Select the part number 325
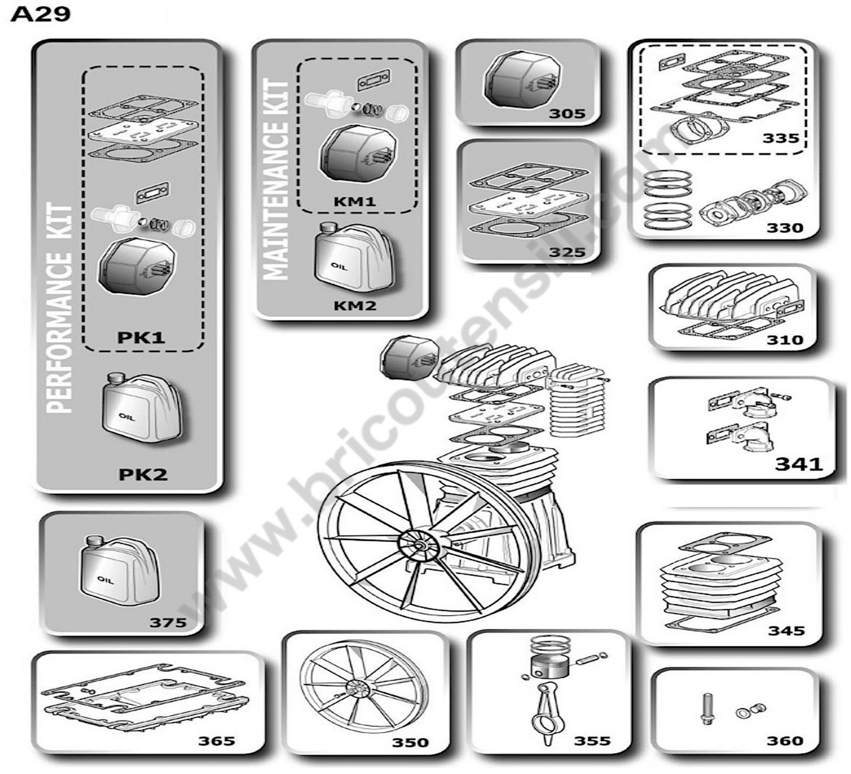(x=567, y=252)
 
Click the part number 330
(x=785, y=228)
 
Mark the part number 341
(x=799, y=464)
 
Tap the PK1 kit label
(x=141, y=338)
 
